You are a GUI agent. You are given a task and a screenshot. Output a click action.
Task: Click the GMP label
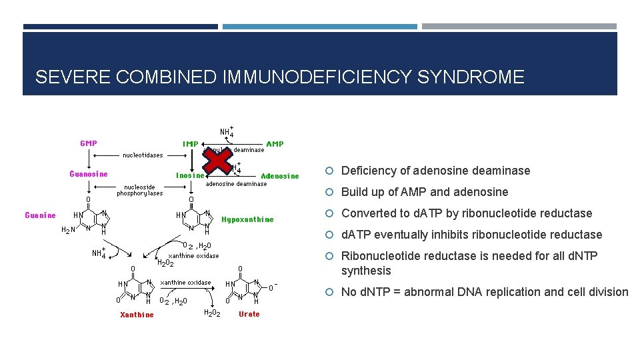pos(88,143)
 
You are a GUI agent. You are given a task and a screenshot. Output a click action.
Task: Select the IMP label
pos(190,143)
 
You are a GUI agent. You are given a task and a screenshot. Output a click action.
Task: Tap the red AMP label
pos(274,143)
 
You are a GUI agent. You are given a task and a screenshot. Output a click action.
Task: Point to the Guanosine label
pos(88,175)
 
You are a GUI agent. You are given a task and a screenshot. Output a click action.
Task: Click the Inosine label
pos(190,176)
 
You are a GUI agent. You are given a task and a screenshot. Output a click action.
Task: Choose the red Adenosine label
pos(279,176)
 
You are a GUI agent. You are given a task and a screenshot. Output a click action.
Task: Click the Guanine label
pos(40,215)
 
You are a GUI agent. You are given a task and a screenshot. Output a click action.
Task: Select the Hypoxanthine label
pos(247,219)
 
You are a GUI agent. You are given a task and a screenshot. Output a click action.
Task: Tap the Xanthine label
pos(137,315)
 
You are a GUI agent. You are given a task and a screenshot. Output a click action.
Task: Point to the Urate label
pos(249,314)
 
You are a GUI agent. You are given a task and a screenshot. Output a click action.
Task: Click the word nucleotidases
pos(142,155)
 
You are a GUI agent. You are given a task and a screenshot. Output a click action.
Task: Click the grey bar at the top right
pos(519,27)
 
